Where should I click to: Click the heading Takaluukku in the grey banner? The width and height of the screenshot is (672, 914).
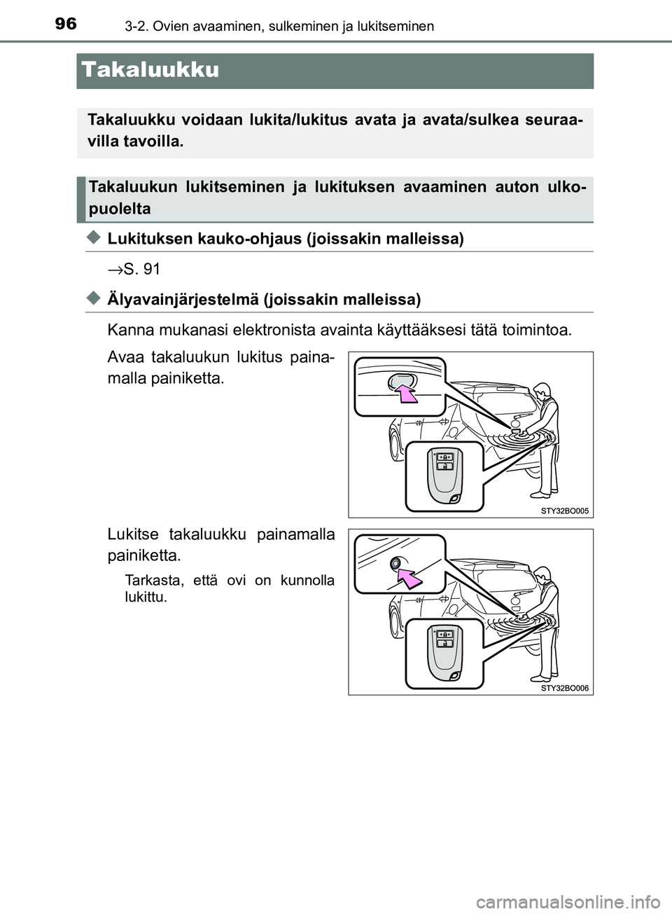[150, 70]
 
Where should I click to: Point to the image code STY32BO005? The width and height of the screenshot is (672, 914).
[564, 511]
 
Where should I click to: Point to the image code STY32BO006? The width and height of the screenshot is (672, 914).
[564, 688]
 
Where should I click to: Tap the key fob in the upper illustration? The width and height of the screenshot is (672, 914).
[444, 475]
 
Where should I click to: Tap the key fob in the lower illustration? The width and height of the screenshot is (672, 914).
[444, 652]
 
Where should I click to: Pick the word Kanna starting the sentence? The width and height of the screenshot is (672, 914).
[127, 330]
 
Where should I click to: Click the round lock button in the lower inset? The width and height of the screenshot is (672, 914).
[398, 562]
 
